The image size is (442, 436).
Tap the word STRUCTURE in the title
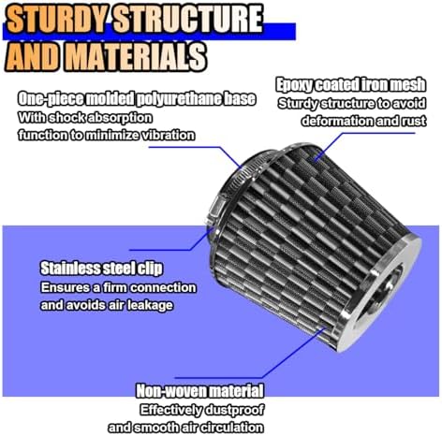pyautogui.click(x=188, y=19)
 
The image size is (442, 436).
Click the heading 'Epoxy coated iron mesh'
pyautogui.click(x=351, y=85)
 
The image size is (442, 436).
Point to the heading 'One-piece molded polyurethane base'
pyautogui.click(x=137, y=98)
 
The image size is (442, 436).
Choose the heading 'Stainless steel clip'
pyautogui.click(x=102, y=268)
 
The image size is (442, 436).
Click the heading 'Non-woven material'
pyautogui.click(x=200, y=391)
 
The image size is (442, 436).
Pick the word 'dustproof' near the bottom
pyautogui.click(x=234, y=410)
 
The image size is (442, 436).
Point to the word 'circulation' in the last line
pyautogui.click(x=232, y=427)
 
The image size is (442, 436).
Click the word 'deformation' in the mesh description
pyautogui.click(x=337, y=121)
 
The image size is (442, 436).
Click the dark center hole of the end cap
pyautogui.click(x=385, y=293)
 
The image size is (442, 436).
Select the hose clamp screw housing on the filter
pyautogui.click(x=216, y=209)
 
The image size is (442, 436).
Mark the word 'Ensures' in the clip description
pyautogui.click(x=66, y=287)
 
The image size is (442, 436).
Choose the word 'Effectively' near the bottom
pyautogui.click(x=170, y=410)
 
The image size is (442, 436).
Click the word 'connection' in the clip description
pyautogui.click(x=163, y=287)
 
